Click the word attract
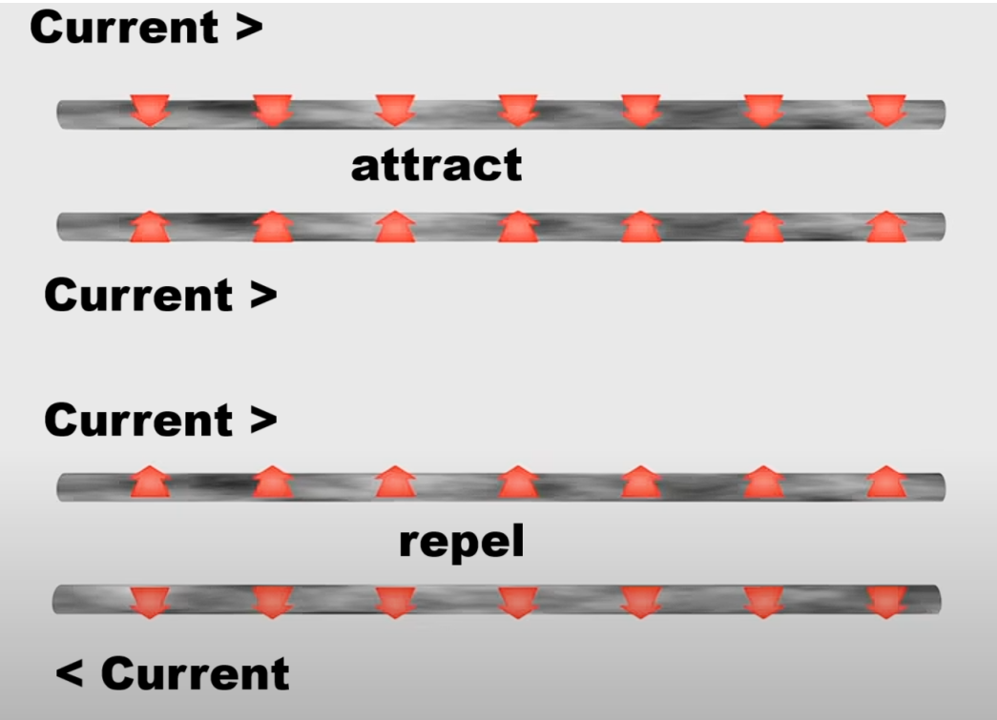click(x=436, y=166)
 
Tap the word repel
click(x=461, y=542)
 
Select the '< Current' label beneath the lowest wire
click(x=173, y=673)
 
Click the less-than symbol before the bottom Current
click(x=69, y=674)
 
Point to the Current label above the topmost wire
click(x=145, y=27)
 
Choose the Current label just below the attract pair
click(x=159, y=295)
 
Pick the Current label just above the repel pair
click(x=159, y=420)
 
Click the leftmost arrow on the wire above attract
click(x=150, y=111)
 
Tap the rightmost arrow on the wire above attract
click(x=886, y=111)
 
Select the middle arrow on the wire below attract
click(x=518, y=227)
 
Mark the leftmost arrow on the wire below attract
click(x=150, y=227)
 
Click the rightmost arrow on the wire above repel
click(x=886, y=483)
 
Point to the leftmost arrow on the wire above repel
click(x=150, y=483)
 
